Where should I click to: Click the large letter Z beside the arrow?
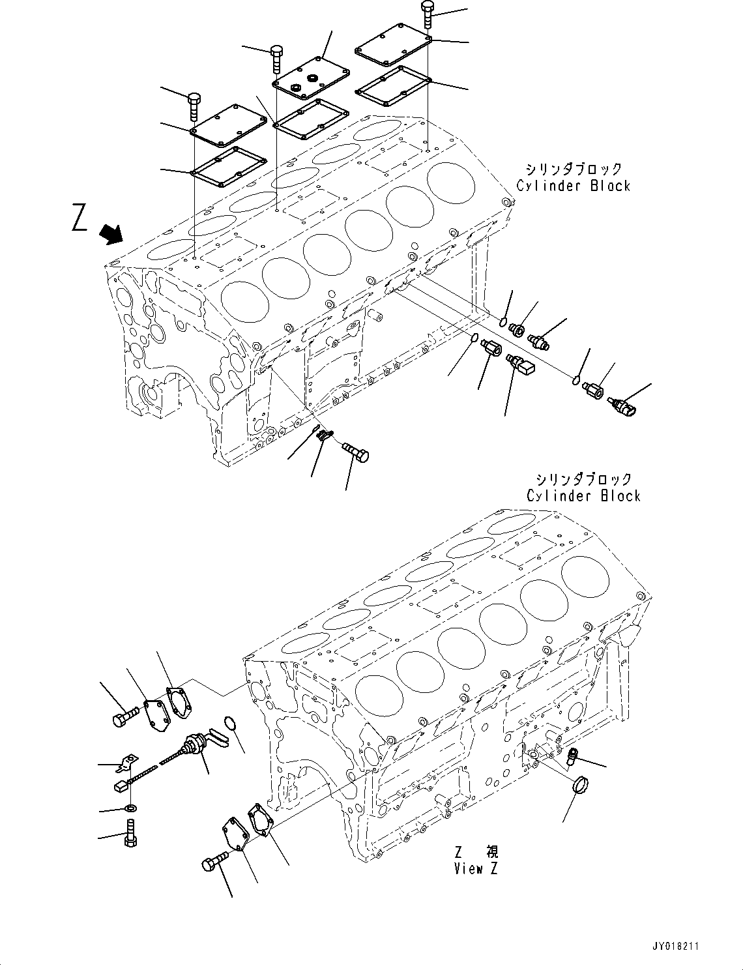tap(80, 218)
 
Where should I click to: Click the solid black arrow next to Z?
tap(112, 234)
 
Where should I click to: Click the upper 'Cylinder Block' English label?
tap(574, 186)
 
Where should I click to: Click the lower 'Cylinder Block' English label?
tap(584, 495)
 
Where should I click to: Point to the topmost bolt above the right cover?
tap(428, 13)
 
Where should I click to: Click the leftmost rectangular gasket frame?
tap(226, 168)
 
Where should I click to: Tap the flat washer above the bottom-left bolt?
tap(130, 809)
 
